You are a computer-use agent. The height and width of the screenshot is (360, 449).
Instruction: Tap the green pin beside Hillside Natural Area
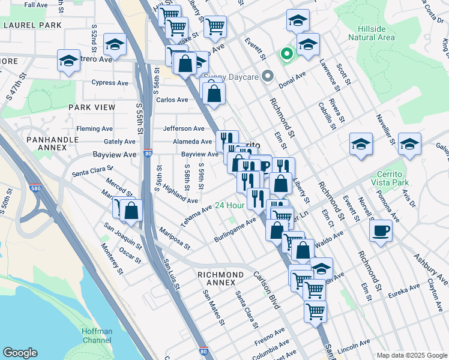pyautogui.click(x=287, y=55)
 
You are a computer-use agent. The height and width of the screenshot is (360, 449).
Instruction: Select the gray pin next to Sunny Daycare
pyautogui.click(x=268, y=76)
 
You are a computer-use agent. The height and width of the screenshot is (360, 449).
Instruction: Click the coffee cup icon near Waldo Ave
pyautogui.click(x=381, y=231)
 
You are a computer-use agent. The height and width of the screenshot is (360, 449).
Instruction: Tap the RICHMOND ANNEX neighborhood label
pyautogui.click(x=221, y=279)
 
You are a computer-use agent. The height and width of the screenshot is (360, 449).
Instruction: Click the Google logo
pyautogui.click(x=20, y=352)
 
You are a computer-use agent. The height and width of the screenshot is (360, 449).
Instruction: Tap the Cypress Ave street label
pyautogui.click(x=110, y=83)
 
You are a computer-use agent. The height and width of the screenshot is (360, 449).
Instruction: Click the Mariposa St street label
pyautogui.click(x=175, y=238)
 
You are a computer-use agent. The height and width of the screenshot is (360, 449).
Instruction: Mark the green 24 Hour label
pyautogui.click(x=230, y=205)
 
